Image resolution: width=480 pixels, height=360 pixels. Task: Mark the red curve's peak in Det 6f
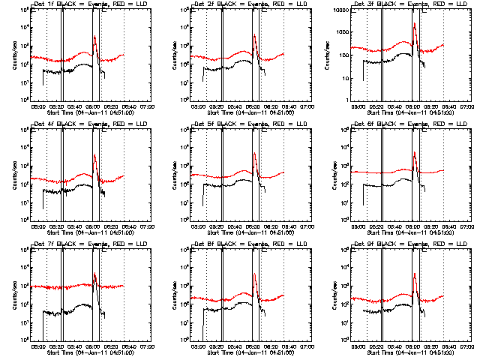[x=415, y=153]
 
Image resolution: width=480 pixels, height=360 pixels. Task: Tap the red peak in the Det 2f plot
[x=255, y=36]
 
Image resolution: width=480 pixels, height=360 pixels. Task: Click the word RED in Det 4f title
[x=110, y=124]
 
